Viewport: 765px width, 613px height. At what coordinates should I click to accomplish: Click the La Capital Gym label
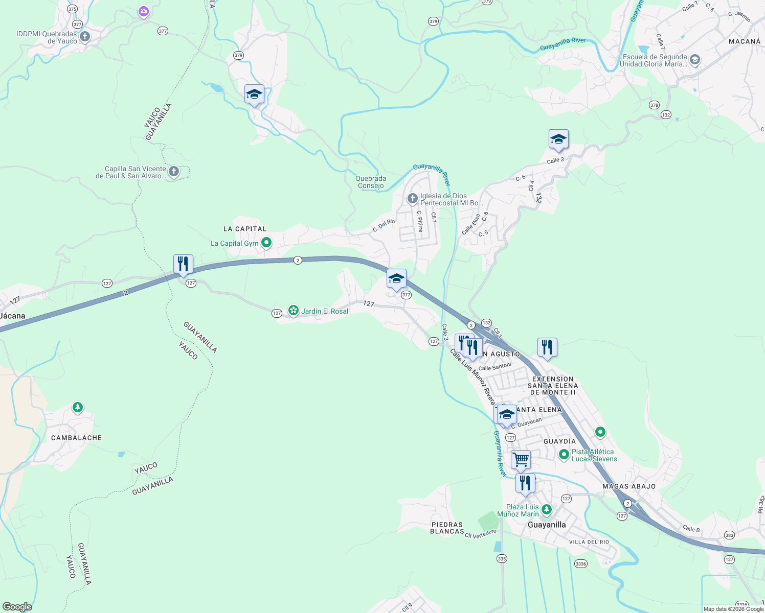pos(235,243)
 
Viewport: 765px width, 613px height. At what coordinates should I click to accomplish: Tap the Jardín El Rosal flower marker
pos(293,310)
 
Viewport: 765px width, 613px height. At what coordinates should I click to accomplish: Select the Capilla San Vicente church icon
pos(174,171)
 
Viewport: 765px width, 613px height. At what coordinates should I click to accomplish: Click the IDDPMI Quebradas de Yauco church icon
pos(85,36)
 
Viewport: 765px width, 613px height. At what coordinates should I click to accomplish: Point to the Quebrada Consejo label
pos(371,182)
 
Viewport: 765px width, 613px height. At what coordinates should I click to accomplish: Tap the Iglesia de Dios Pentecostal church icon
pos(412,198)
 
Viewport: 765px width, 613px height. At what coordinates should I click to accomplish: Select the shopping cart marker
pos(521,459)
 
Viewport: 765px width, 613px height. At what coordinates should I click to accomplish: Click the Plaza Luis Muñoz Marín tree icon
pos(547,509)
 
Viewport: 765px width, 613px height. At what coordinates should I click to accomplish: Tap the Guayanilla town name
pos(547,525)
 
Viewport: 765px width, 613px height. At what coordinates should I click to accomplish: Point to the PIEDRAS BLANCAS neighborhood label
pos(447,528)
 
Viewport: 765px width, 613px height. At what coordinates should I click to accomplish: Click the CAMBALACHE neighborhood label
pos(77,438)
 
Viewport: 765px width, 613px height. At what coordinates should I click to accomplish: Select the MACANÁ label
pos(745,41)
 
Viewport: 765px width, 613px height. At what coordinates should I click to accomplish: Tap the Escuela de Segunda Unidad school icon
pos(694,60)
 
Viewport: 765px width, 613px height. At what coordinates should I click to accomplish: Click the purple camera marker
pos(144,11)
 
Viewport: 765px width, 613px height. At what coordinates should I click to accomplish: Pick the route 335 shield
pos(502,558)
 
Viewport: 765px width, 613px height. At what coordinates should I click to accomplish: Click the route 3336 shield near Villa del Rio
pos(580,564)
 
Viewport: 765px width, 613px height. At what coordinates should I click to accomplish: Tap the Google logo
pos(17,607)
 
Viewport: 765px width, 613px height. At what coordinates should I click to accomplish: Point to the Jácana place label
pos(12,316)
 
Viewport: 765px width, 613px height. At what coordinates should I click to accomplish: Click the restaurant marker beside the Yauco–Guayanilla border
pos(183,264)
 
